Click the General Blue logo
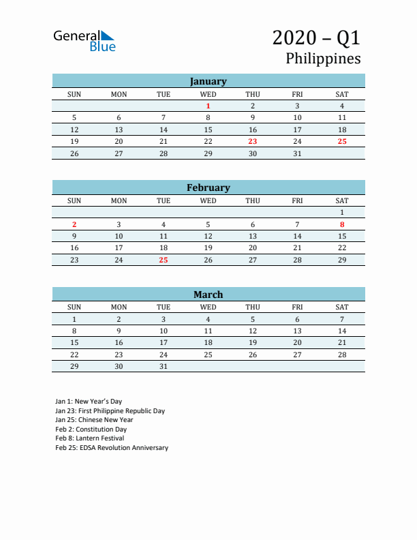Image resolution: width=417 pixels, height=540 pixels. [x=84, y=41]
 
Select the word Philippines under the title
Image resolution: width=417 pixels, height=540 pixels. [x=323, y=59]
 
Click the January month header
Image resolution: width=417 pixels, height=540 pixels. [x=208, y=81]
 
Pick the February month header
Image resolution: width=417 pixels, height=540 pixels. [x=208, y=187]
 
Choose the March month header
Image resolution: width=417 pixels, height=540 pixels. [x=208, y=295]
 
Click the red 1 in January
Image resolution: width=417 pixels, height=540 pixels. [x=208, y=106]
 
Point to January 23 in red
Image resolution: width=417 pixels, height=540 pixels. [x=253, y=141]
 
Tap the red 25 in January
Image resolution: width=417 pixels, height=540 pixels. [x=342, y=141]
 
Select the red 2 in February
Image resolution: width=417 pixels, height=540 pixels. [x=74, y=224]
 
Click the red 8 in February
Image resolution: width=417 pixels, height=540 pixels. [x=342, y=224]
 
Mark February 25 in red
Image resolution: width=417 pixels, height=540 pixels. [x=164, y=260]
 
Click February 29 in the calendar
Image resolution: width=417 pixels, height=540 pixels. [x=342, y=260]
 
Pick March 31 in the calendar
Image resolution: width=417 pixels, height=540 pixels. [x=164, y=366]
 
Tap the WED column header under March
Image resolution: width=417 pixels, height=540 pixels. [x=208, y=307]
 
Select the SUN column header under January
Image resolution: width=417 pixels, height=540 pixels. [x=74, y=93]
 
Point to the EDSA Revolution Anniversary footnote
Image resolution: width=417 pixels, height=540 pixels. [x=112, y=448]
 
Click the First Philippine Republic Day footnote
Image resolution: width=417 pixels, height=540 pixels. [x=110, y=411]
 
